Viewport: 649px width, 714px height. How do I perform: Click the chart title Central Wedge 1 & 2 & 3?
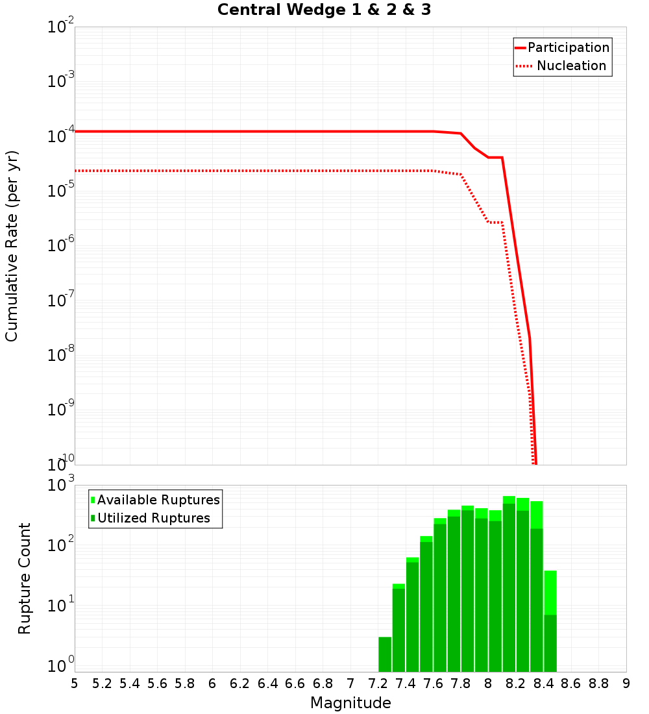point(324,10)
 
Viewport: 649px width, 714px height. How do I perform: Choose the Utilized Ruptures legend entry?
point(153,518)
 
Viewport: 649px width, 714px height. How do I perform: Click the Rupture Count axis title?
point(25,578)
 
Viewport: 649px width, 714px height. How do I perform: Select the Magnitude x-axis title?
point(350,703)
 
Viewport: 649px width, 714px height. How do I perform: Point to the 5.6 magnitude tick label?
point(157,683)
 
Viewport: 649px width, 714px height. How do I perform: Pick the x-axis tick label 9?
point(626,683)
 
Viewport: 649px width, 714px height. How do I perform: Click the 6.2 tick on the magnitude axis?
point(240,683)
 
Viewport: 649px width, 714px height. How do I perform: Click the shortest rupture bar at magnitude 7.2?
point(385,654)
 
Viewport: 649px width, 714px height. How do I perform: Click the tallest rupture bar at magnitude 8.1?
point(509,584)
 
